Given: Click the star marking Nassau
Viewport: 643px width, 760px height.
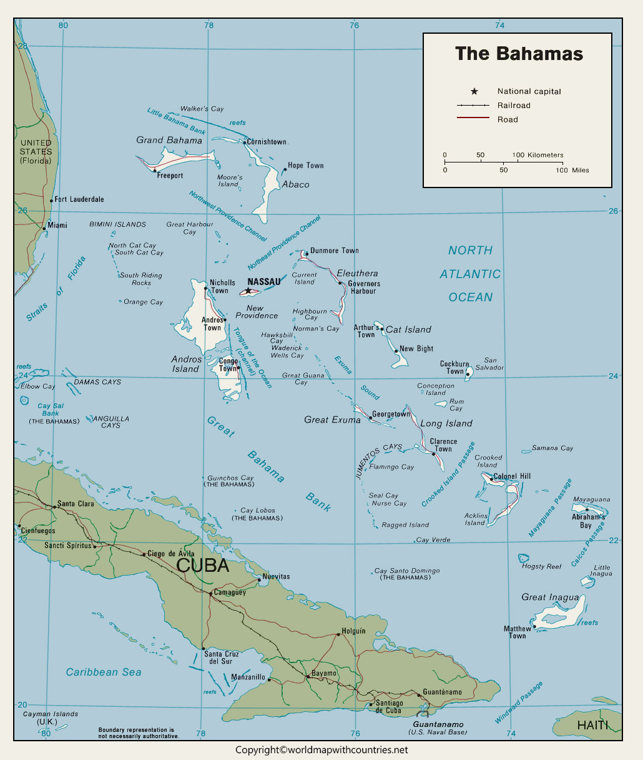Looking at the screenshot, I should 248,291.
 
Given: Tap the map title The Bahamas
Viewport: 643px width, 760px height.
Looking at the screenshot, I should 519,54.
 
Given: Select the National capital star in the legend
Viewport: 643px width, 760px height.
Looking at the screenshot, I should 474,91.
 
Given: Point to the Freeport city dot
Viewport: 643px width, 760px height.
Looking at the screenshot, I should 154,171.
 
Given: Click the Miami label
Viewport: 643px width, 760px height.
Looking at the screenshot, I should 57,225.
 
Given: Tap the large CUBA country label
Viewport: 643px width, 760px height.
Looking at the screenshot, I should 203,566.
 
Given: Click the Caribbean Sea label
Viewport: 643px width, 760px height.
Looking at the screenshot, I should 104,672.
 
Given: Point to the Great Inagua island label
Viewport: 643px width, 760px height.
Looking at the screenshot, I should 550,597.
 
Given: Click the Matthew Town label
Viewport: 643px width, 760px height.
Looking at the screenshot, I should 517,632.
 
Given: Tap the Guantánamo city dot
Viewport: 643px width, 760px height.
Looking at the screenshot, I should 419,694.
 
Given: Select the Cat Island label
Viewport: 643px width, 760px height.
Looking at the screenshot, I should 408,329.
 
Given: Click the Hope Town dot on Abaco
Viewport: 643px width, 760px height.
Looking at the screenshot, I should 285,169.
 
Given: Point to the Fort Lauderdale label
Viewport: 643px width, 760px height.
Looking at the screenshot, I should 79,199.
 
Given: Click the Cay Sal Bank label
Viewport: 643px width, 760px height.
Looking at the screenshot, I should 51,409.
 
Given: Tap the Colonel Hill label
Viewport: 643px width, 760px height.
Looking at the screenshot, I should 512,476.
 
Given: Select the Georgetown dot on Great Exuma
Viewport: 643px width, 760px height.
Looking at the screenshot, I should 370,417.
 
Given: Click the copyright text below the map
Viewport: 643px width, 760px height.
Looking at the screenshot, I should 321,749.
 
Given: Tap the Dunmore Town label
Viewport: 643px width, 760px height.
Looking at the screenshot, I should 334,251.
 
